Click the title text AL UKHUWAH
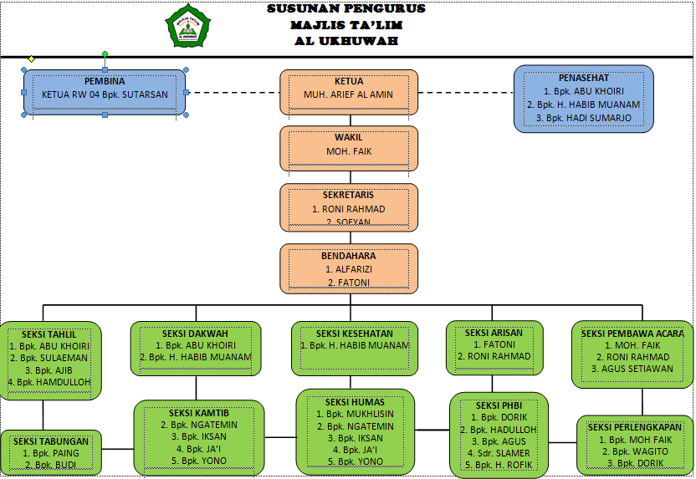pos(346,40)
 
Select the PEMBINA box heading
pos(105,81)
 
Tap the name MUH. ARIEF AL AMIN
pos(348,94)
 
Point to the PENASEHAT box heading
pos(582,77)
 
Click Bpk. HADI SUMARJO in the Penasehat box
pos(583,118)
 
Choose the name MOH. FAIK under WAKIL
pos(349,151)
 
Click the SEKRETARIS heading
pos(348,195)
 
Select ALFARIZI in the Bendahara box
pos(349,269)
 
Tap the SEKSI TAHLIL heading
pos(49,333)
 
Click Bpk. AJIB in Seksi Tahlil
pos(49,369)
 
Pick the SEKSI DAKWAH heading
pos(196,333)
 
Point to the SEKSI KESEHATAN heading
pos(354,333)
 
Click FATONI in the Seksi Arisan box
pos(494,344)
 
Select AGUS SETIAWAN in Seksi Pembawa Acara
pos(632,369)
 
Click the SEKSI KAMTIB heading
pos(198,412)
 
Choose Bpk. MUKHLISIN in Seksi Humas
pos(355,414)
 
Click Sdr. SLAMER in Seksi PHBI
pos(499,453)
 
